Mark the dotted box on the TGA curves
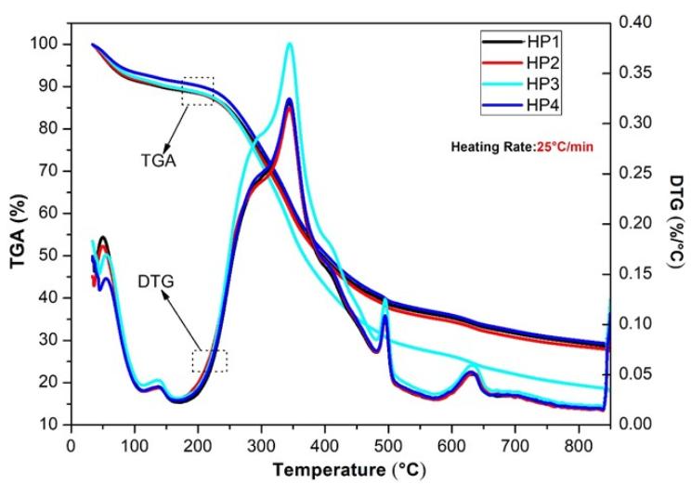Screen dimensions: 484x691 coord(198,91)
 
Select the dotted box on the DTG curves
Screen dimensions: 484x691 coord(209,361)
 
